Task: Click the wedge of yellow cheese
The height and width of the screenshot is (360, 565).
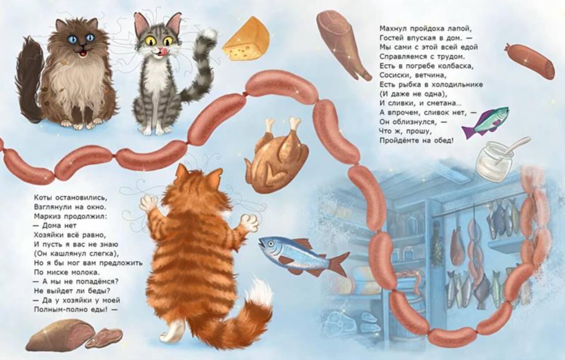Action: pyautogui.click(x=245, y=40)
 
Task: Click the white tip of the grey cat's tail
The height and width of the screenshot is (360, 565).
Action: pyautogui.click(x=209, y=34)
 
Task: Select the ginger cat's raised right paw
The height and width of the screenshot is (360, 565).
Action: pyautogui.click(x=250, y=222)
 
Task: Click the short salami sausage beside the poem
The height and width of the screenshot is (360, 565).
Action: pyautogui.click(x=530, y=61)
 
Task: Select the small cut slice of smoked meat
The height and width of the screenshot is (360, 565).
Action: pyautogui.click(x=104, y=338)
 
